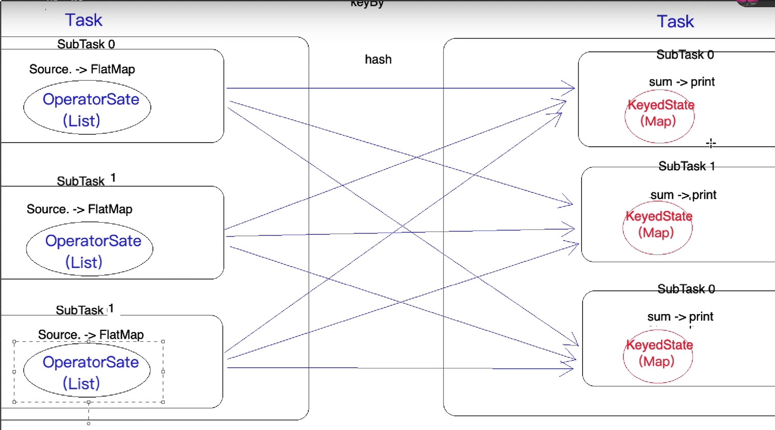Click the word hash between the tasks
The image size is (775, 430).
(x=378, y=60)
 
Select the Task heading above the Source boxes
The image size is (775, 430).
(x=84, y=20)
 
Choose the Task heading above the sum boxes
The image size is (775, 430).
(x=675, y=22)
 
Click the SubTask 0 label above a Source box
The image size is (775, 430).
(x=86, y=44)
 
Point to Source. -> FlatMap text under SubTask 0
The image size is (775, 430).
(x=82, y=69)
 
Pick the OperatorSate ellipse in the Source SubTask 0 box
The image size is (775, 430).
(x=87, y=107)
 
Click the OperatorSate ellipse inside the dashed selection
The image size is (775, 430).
(x=87, y=372)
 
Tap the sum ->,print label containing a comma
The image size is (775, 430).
(x=683, y=195)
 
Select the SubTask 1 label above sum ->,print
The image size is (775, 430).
(x=686, y=166)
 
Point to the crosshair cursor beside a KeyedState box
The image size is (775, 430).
(x=711, y=144)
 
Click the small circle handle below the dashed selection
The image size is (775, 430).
(x=89, y=423)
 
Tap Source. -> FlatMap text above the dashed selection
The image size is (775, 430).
(x=91, y=335)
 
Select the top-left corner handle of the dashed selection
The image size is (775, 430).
(x=14, y=341)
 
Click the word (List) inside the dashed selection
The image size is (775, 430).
(x=81, y=383)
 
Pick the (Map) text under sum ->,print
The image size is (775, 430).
(x=656, y=233)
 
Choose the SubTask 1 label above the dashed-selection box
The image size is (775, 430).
(x=85, y=310)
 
